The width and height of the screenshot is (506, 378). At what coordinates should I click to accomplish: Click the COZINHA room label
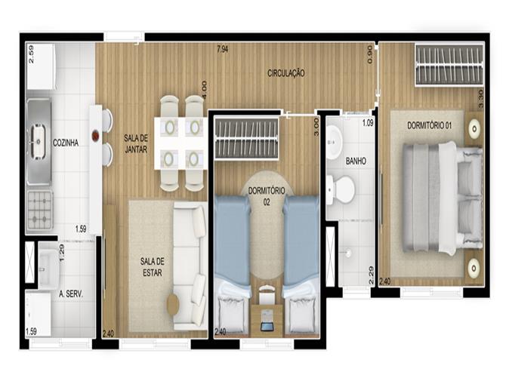pyautogui.click(x=66, y=143)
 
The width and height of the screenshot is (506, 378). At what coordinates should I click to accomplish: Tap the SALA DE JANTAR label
pyautogui.click(x=136, y=144)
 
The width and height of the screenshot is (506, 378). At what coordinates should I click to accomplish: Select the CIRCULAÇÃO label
pyautogui.click(x=286, y=73)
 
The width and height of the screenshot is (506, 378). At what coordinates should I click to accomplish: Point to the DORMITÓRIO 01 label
pyautogui.click(x=429, y=125)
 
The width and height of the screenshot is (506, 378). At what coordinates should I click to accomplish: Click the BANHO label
pyautogui.click(x=356, y=161)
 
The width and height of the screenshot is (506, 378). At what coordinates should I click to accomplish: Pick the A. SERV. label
pyautogui.click(x=71, y=294)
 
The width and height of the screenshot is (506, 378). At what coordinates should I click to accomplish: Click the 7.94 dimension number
pyautogui.click(x=223, y=49)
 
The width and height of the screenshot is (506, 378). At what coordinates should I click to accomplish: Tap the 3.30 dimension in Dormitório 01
pyautogui.click(x=480, y=99)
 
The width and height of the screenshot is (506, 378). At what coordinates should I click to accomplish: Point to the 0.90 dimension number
pyautogui.click(x=370, y=54)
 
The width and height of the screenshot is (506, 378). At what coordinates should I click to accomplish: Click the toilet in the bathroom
pyautogui.click(x=341, y=189)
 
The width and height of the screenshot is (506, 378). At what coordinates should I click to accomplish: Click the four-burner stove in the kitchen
pyautogui.click(x=40, y=211)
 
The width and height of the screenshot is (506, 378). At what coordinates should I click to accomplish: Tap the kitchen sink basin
pyautogui.click(x=38, y=142)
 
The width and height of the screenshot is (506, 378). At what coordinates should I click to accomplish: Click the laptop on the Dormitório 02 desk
pyautogui.click(x=267, y=320)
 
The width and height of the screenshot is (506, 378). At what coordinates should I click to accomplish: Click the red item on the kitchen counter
pyautogui.click(x=96, y=136)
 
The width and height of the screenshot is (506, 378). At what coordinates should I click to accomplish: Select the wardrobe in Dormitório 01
pyautogui.click(x=449, y=65)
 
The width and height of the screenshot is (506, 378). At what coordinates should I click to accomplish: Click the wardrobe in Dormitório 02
pyautogui.click(x=246, y=139)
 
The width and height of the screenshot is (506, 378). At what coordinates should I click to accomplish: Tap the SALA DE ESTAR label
pyautogui.click(x=153, y=267)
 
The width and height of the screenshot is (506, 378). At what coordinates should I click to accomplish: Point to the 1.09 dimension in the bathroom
pyautogui.click(x=368, y=123)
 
